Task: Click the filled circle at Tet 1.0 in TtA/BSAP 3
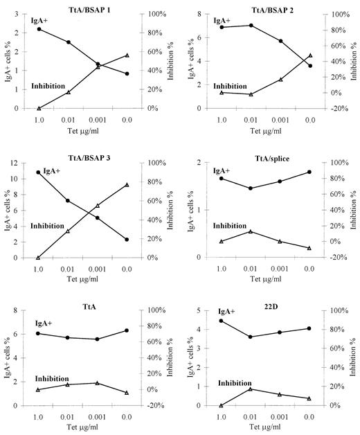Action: (39, 172)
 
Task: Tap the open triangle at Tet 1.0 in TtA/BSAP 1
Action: (39, 108)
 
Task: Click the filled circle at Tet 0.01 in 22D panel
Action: (251, 337)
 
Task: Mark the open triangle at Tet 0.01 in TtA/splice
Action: (251, 231)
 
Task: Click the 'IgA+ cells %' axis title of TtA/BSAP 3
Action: (6, 210)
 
